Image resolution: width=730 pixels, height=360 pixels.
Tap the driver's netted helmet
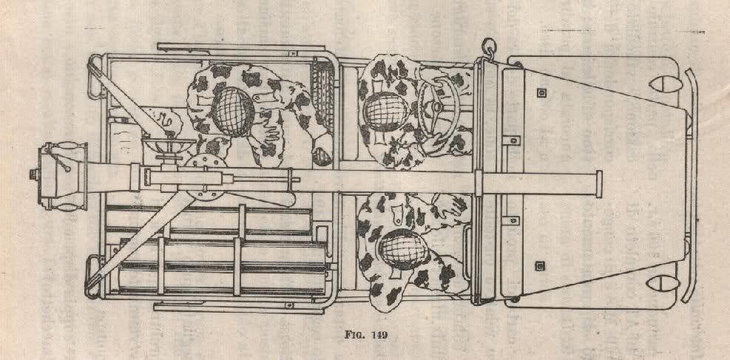pyautogui.click(x=386, y=111)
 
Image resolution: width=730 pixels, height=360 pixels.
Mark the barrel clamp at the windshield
pyautogui.click(x=479, y=183)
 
